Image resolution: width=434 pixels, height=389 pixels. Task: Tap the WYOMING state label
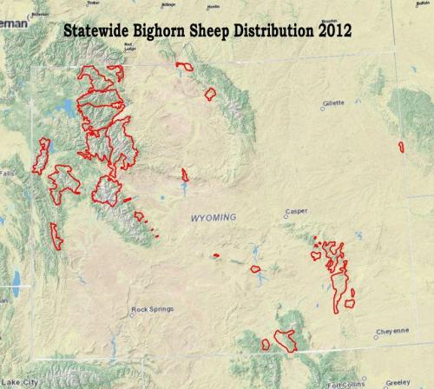[213, 219]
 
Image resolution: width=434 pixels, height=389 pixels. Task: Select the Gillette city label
[334, 102]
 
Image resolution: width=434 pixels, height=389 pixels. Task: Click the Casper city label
[296, 211]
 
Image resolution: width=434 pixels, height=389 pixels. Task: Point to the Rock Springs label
[152, 309]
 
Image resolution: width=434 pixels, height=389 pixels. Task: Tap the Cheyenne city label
[392, 331]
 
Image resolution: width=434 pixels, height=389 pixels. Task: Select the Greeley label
[398, 382]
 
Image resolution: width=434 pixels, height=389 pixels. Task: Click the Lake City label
[19, 382]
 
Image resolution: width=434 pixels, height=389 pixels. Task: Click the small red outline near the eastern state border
[401, 147]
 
